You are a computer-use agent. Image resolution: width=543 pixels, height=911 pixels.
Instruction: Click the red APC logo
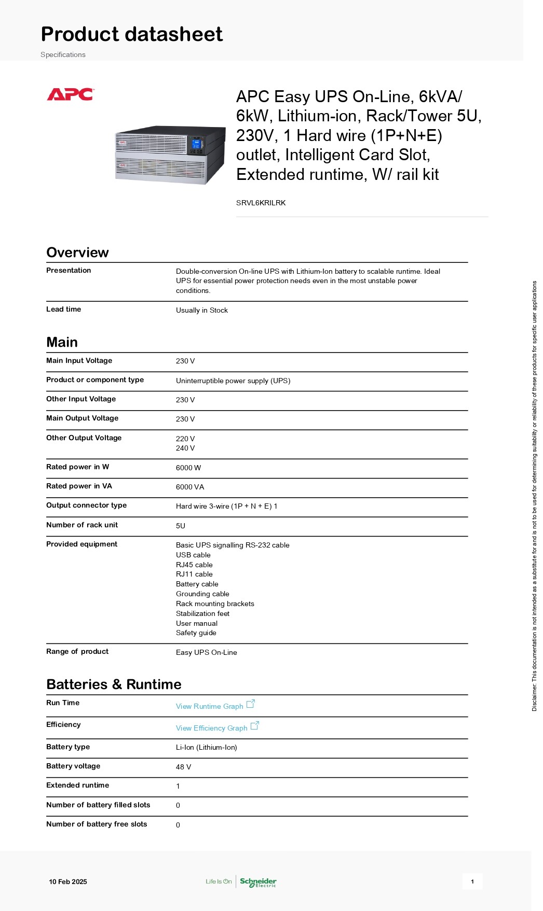click(x=70, y=94)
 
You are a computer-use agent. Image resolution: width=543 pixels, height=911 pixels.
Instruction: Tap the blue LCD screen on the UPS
click(x=196, y=143)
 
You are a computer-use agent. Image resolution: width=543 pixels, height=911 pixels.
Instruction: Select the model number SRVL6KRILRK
click(x=261, y=203)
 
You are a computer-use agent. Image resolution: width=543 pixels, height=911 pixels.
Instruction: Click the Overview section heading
click(x=77, y=253)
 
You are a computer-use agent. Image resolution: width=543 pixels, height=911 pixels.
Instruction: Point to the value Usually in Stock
click(x=201, y=310)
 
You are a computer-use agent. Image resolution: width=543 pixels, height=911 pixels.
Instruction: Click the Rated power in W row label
click(x=77, y=467)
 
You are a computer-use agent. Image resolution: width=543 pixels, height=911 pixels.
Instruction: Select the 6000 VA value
click(x=189, y=487)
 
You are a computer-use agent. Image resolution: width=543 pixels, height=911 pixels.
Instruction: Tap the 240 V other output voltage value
click(x=185, y=448)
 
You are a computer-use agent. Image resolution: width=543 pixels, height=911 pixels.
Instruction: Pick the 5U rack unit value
click(x=180, y=526)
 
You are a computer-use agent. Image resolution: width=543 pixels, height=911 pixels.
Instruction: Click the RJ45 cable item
click(x=194, y=565)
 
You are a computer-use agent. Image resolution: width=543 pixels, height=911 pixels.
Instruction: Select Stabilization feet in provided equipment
click(x=202, y=613)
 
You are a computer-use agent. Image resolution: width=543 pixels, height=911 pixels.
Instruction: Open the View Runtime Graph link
click(x=209, y=706)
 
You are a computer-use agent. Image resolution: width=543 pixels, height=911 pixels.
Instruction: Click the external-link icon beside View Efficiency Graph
click(x=254, y=726)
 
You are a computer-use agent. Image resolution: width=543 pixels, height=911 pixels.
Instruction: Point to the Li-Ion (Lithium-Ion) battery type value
click(x=206, y=747)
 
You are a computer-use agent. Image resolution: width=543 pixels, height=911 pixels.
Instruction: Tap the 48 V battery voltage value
click(x=183, y=767)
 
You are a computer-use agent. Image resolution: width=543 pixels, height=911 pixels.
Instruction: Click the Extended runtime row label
click(x=77, y=785)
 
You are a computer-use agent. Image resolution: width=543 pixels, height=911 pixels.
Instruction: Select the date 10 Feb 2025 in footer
click(x=68, y=881)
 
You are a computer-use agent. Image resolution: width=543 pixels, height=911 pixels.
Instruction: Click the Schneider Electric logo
click(x=258, y=882)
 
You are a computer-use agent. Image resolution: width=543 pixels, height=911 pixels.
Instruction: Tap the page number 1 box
click(x=472, y=881)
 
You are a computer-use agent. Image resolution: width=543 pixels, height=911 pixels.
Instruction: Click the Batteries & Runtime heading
click(x=114, y=684)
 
